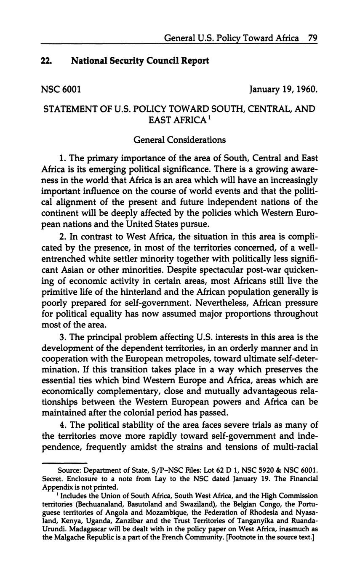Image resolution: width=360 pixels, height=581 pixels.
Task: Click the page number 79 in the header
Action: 312,38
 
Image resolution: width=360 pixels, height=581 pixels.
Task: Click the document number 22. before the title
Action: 46,61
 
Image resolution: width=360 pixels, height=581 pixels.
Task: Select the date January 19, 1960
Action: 283,89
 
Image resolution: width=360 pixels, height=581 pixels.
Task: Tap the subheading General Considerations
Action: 179,139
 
